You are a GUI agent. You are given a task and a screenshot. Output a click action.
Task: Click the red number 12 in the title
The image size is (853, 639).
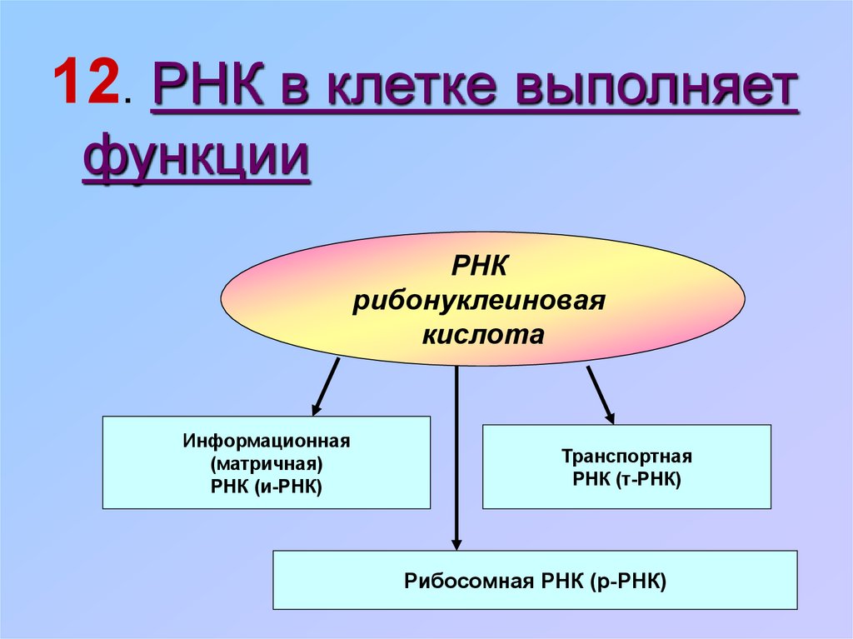[x=86, y=81]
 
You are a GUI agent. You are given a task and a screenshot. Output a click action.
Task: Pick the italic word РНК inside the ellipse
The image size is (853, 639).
[x=479, y=267]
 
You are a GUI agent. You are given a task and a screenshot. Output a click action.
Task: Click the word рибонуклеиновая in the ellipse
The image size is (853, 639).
[x=479, y=301]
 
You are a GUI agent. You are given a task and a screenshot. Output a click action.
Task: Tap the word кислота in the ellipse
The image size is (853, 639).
[x=483, y=334]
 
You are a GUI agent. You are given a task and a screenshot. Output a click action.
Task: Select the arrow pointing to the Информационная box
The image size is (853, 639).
[x=326, y=387]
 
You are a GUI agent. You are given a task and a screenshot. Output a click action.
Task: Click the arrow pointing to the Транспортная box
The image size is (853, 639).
[x=601, y=395]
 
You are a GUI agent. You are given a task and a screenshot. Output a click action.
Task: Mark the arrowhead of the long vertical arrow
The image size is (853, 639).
[x=456, y=544]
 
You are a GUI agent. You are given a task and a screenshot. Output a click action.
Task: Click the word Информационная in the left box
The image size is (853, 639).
[x=267, y=441]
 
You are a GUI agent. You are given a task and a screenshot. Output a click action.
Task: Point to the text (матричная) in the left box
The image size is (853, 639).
[x=267, y=464]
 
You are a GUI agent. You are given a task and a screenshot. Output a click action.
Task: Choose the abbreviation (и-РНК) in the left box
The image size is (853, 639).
[x=288, y=486]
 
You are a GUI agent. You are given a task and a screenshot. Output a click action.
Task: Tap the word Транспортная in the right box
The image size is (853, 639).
[x=626, y=456]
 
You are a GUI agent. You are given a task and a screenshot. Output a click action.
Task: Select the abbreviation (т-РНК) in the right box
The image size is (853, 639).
[x=649, y=480]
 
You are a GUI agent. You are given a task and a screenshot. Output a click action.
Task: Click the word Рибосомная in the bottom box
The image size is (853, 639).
[x=469, y=582]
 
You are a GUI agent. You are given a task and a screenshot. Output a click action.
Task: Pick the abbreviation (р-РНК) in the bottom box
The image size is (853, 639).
[x=628, y=582]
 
